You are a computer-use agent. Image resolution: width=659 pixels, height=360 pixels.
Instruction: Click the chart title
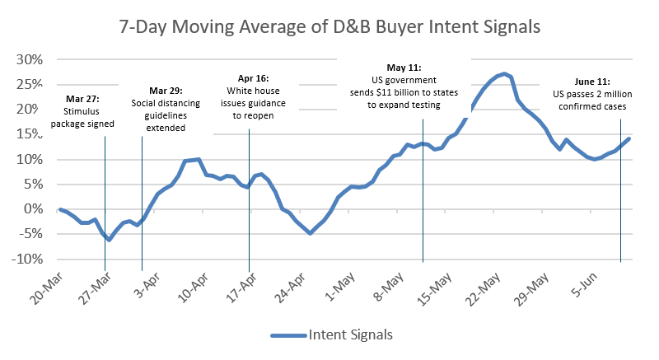click(x=329, y=27)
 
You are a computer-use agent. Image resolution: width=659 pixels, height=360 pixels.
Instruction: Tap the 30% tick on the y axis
click(x=30, y=59)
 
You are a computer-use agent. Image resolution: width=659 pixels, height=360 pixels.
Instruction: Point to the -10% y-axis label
click(x=27, y=259)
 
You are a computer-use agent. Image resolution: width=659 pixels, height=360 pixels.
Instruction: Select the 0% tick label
click(x=33, y=208)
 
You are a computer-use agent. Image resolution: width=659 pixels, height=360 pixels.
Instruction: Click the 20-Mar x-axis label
click(x=46, y=288)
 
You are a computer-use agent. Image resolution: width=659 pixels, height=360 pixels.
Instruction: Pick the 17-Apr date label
click(x=241, y=288)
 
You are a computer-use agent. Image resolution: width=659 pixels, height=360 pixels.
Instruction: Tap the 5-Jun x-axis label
click(x=584, y=285)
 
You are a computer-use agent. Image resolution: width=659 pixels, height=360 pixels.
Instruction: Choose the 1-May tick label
click(x=339, y=287)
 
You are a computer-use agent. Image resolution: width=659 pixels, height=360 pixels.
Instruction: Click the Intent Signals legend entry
click(x=332, y=334)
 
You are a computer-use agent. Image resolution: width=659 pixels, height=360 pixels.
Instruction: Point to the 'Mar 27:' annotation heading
click(x=83, y=99)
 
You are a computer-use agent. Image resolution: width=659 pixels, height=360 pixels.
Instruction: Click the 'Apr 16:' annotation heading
click(x=253, y=78)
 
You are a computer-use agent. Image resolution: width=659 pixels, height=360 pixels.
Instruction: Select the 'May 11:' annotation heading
click(x=404, y=68)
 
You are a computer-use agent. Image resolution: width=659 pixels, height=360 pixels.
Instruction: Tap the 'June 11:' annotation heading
click(x=592, y=82)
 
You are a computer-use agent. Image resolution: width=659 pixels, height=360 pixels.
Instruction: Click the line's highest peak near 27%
click(x=504, y=74)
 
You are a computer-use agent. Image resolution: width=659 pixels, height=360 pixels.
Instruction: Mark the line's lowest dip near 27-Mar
click(x=109, y=240)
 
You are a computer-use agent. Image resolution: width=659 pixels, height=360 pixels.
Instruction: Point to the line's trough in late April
click(x=311, y=232)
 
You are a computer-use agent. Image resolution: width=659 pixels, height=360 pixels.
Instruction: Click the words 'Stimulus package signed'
click(x=82, y=118)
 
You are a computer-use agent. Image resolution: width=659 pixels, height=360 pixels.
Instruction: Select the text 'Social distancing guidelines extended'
click(x=166, y=115)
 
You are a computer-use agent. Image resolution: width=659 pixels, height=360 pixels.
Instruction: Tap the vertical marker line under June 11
click(x=620, y=191)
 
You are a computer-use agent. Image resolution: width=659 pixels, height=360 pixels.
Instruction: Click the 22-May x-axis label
click(x=483, y=289)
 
